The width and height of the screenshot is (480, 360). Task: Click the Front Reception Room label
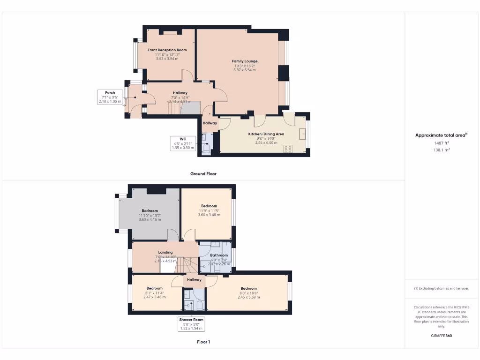tap(167, 50)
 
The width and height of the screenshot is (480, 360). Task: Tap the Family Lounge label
tap(245, 61)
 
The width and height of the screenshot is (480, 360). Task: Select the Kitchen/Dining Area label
tap(266, 134)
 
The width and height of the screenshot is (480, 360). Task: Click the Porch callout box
tap(110, 97)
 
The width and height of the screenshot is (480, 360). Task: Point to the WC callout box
tap(183, 143)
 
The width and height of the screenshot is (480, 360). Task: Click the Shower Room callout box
tap(191, 324)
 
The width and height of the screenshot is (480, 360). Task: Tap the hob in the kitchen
tap(288, 149)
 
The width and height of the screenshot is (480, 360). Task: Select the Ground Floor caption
tap(203, 173)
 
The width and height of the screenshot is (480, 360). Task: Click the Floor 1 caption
tap(203, 342)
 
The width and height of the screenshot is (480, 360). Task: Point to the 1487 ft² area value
tap(441, 143)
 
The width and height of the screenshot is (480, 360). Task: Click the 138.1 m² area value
tap(441, 150)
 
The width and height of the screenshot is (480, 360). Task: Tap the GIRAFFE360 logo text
tap(441, 336)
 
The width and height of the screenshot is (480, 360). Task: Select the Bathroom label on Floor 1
tap(218, 255)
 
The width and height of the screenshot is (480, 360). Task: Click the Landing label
tap(165, 253)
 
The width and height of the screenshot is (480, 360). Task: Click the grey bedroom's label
tap(150, 211)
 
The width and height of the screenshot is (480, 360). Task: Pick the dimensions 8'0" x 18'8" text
tap(248, 293)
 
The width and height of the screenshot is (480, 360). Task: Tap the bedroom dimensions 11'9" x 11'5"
tap(209, 210)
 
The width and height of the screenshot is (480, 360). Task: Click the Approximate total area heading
tap(441, 135)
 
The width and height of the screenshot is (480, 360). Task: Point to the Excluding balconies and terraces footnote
tap(441, 288)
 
